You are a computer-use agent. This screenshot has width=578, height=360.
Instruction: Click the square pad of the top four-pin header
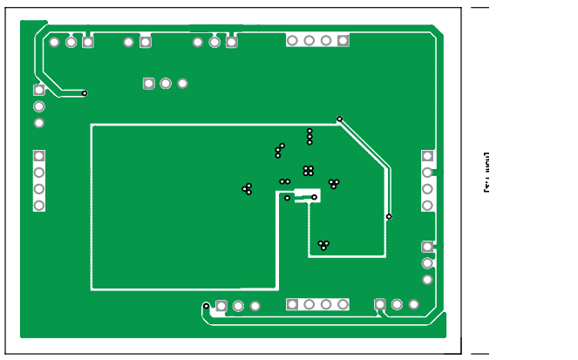point(343,40)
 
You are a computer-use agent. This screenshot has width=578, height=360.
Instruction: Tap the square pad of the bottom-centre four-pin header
point(292,304)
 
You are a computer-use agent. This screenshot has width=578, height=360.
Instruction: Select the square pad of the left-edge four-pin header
point(39,156)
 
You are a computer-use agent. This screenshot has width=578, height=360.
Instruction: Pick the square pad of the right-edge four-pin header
point(427,156)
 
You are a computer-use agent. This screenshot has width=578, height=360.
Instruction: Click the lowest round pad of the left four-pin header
point(39,206)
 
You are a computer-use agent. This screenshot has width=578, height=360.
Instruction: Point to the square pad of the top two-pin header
point(145,42)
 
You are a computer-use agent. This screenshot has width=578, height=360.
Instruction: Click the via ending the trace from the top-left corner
point(85,93)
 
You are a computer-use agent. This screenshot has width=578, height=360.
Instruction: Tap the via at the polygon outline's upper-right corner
point(339,119)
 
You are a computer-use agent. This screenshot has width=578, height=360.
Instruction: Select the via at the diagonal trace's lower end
point(389,216)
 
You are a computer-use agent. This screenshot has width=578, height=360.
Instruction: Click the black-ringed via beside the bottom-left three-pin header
point(207,306)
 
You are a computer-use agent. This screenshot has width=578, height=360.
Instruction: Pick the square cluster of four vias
point(308,171)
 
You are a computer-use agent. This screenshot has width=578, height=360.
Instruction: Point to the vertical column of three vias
point(309,136)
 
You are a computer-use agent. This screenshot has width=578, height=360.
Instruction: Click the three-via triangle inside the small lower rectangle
point(323,245)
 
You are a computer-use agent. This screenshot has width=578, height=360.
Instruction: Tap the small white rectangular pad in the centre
point(307,194)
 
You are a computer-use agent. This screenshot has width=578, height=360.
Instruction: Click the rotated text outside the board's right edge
point(486,173)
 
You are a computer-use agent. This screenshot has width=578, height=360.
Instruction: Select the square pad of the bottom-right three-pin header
point(380,304)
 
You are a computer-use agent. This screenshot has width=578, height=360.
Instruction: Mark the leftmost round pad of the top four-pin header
point(292,40)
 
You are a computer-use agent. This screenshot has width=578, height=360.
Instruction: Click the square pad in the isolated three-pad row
point(149,84)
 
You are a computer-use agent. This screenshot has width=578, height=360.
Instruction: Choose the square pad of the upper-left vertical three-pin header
point(39,90)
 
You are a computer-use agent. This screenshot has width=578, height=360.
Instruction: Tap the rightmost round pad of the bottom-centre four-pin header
point(343,304)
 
